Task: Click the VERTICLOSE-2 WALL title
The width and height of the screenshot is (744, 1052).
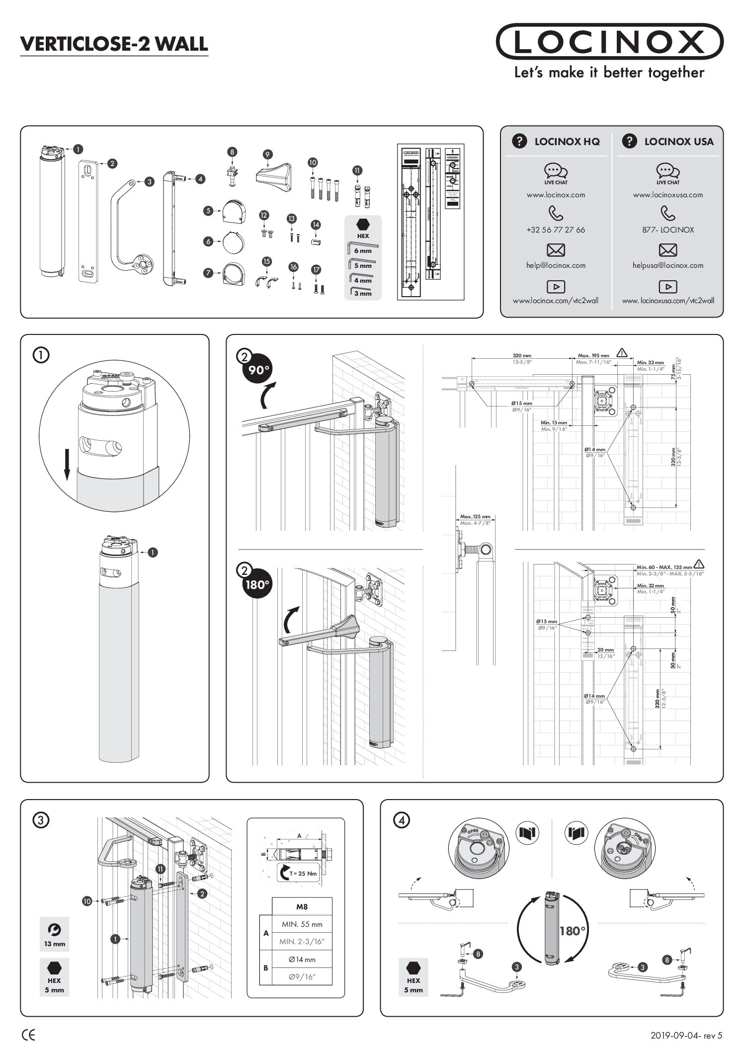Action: (114, 44)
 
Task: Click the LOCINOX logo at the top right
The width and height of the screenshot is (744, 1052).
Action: (609, 42)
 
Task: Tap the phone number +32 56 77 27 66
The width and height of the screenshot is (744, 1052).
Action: (556, 230)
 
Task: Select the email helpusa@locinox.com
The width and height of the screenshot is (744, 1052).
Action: (667, 265)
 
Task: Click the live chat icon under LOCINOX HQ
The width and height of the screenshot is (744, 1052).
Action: (556, 171)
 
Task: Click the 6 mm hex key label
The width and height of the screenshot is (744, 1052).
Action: (363, 251)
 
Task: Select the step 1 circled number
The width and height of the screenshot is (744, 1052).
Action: (41, 355)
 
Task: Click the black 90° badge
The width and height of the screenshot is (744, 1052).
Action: (256, 370)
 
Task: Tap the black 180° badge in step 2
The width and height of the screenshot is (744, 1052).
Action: (256, 584)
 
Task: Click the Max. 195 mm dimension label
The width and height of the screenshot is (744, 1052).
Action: (593, 356)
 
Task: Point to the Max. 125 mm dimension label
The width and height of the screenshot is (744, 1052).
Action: (475, 517)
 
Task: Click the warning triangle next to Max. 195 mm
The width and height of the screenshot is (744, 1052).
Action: (622, 353)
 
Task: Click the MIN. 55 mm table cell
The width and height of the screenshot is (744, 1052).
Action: (302, 925)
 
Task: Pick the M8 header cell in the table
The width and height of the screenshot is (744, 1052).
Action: (302, 906)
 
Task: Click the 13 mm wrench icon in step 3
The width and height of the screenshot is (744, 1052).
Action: (54, 929)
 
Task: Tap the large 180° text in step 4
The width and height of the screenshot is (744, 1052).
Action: (573, 931)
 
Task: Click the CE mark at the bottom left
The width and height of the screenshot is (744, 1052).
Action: (29, 1036)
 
